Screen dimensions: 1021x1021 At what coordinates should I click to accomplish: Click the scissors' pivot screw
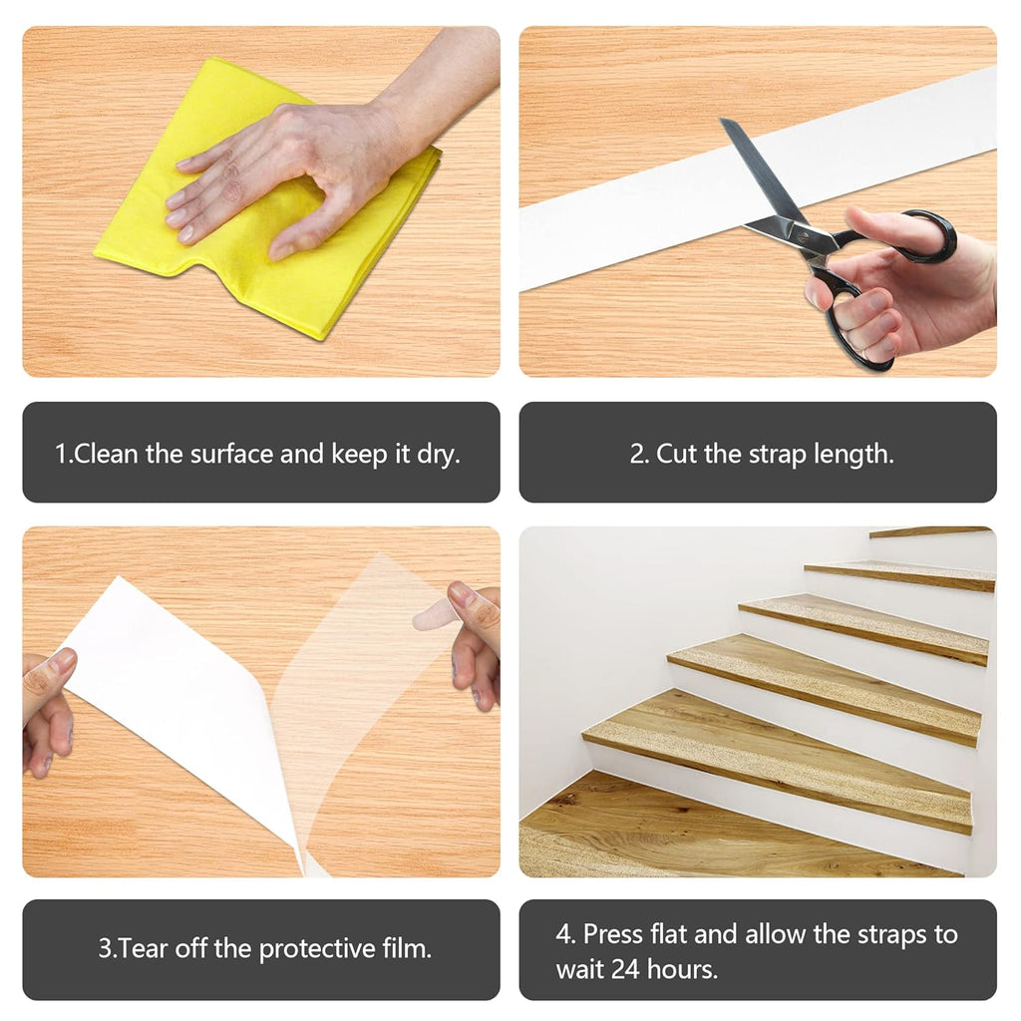(803, 237)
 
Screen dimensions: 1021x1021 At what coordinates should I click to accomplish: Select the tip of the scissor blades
(722, 120)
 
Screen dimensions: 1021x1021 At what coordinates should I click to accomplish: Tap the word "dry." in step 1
(439, 455)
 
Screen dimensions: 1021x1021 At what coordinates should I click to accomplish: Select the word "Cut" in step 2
(677, 454)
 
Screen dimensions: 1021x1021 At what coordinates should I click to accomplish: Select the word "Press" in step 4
(613, 934)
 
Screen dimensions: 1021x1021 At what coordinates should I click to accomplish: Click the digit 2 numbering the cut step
(636, 454)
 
